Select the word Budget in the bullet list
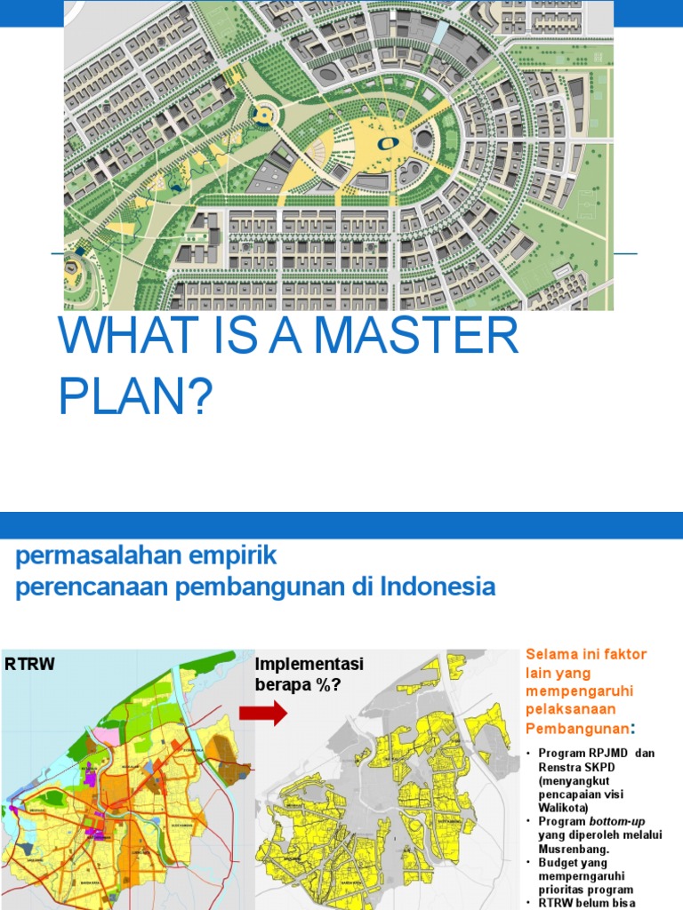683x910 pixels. [558, 862]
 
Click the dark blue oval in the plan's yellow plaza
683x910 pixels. [389, 142]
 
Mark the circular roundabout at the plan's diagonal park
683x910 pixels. [263, 114]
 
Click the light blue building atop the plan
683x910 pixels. [440, 34]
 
